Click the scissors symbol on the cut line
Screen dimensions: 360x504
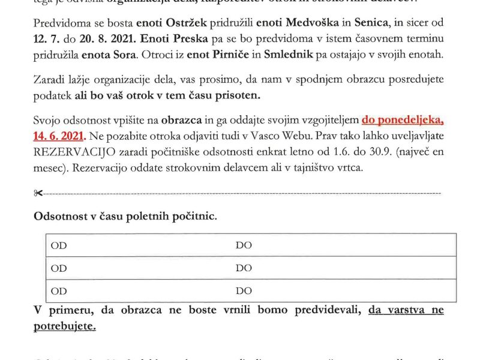tap(39, 193)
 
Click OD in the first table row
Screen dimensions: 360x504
tap(59, 245)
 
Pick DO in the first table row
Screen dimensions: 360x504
tap(244, 245)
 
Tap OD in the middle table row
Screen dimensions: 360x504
tap(59, 268)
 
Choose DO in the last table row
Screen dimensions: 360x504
tap(244, 291)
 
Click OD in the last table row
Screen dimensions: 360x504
tap(59, 291)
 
